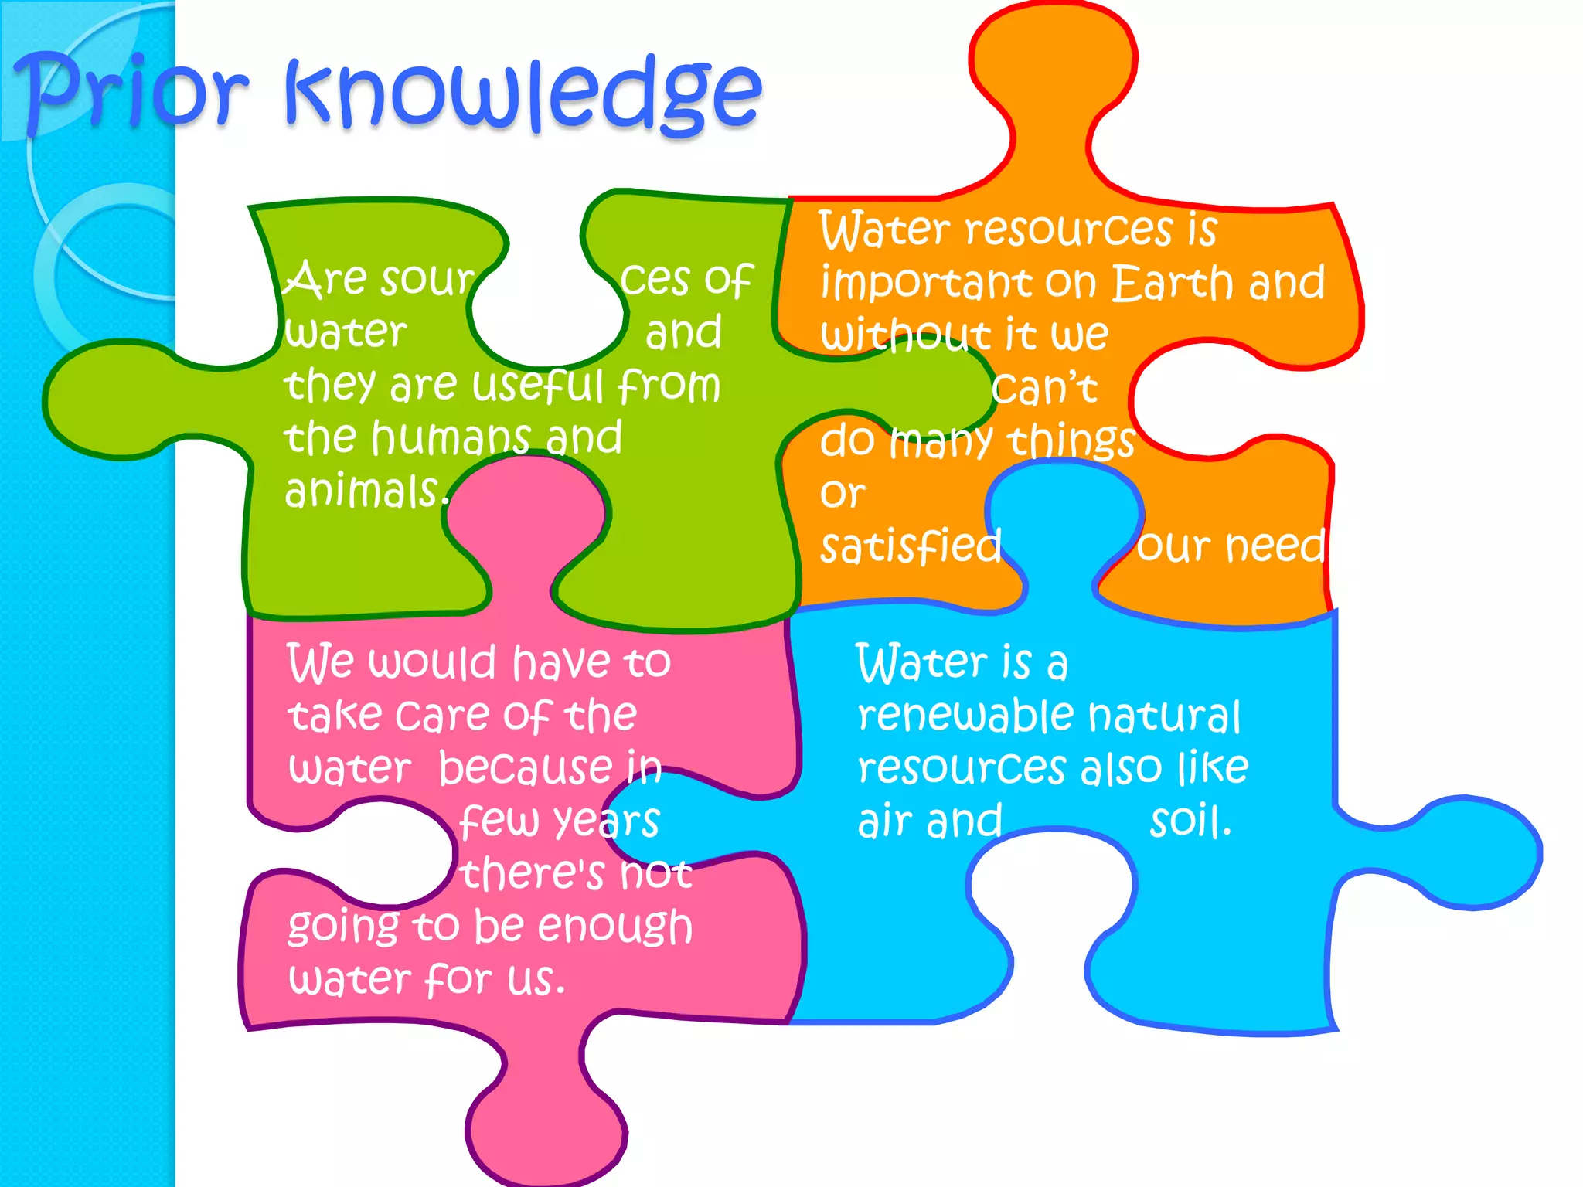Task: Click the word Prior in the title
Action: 131,93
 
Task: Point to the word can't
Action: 1044,389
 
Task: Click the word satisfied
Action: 911,546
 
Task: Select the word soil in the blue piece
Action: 1189,821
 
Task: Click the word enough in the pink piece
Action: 614,927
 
